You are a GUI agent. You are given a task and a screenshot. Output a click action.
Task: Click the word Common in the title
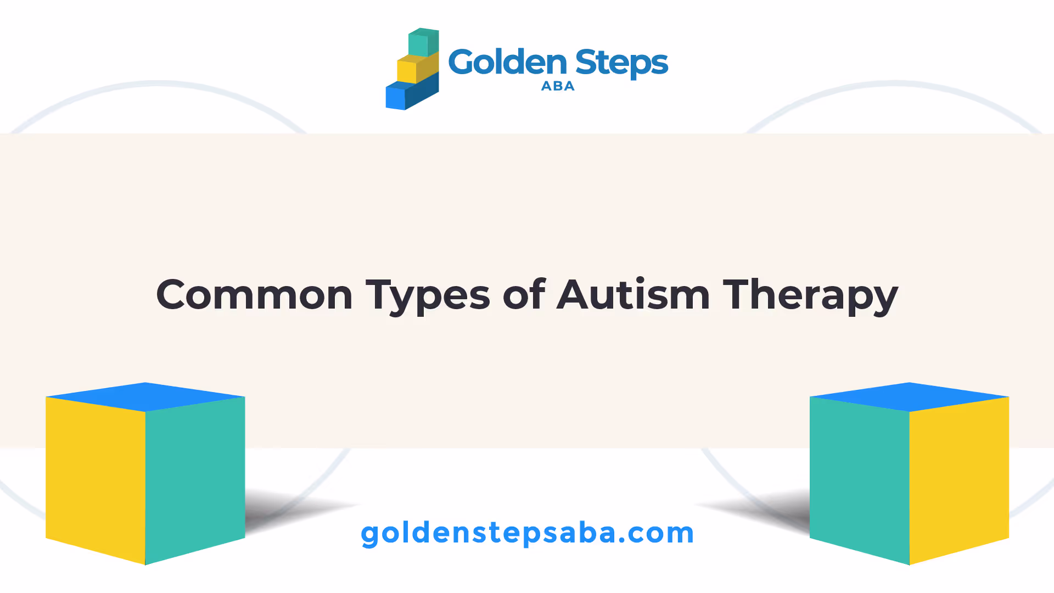254,295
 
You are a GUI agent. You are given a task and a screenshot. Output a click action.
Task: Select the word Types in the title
428,296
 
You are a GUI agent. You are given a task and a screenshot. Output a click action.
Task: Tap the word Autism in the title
633,294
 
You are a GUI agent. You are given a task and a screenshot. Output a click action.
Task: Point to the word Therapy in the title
810,296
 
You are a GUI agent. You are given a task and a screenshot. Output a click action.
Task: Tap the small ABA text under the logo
558,86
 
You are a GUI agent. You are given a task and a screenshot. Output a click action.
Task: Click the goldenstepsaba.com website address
528,533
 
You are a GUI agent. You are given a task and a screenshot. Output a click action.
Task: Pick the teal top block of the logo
423,42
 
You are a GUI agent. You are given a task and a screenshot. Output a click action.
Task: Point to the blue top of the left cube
145,396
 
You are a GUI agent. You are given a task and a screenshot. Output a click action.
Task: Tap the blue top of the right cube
910,396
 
